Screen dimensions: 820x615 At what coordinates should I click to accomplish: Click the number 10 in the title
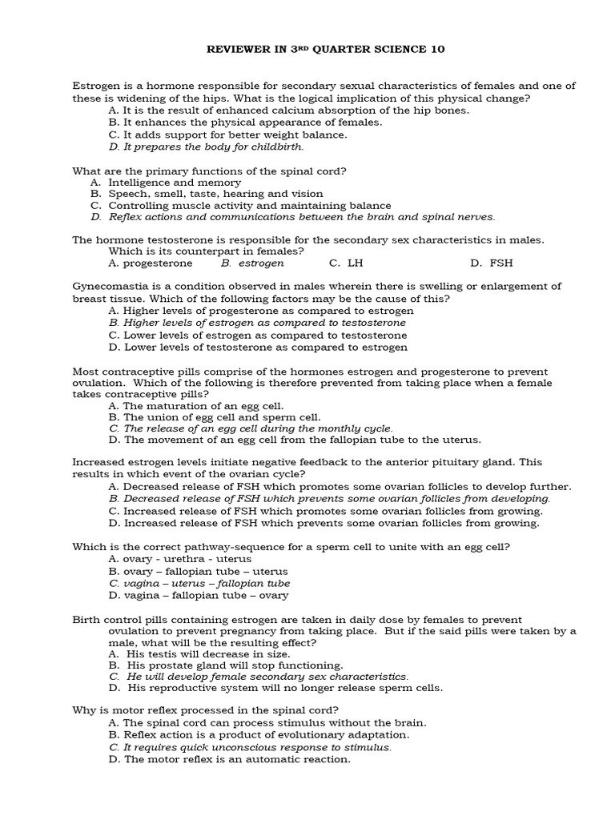click(432, 50)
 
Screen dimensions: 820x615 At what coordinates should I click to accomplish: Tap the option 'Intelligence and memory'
click(174, 183)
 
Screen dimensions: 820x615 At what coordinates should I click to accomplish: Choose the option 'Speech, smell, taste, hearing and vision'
click(215, 194)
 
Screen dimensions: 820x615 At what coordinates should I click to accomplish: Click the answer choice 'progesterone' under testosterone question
click(157, 263)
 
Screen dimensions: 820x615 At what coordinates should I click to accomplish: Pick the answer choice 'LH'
click(356, 263)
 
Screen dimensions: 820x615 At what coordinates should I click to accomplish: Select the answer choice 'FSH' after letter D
click(501, 263)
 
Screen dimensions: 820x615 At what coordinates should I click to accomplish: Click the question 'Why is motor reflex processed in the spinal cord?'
click(206, 710)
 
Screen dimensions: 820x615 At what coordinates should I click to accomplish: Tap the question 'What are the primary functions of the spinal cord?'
click(210, 171)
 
